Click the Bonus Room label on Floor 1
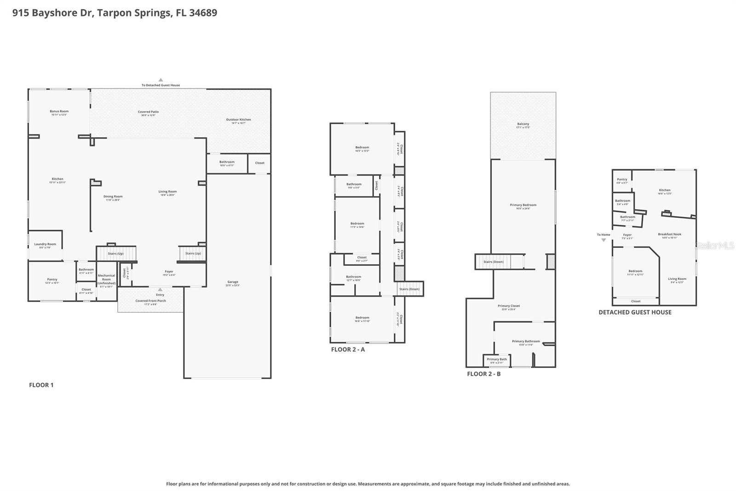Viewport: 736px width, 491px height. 59,111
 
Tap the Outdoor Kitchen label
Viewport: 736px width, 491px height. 238,120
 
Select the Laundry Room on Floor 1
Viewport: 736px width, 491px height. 45,245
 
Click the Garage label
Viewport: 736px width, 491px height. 233,282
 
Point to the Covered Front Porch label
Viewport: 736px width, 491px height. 150,301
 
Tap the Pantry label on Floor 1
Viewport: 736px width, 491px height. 52,279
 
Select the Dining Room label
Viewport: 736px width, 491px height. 113,197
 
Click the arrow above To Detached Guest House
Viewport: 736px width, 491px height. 161,80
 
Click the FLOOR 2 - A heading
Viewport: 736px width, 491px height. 348,350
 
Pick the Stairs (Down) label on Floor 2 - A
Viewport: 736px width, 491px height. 409,289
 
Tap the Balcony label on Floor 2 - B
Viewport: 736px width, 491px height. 523,124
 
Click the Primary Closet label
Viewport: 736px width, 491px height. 508,306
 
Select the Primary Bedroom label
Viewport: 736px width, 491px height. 523,205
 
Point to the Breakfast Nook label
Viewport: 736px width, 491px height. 669,234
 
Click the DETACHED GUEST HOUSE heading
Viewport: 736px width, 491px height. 635,312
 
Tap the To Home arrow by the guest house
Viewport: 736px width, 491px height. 604,240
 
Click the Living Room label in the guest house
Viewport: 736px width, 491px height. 677,279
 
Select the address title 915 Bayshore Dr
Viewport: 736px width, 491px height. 115,13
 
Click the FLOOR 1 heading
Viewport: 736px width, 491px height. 41,385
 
